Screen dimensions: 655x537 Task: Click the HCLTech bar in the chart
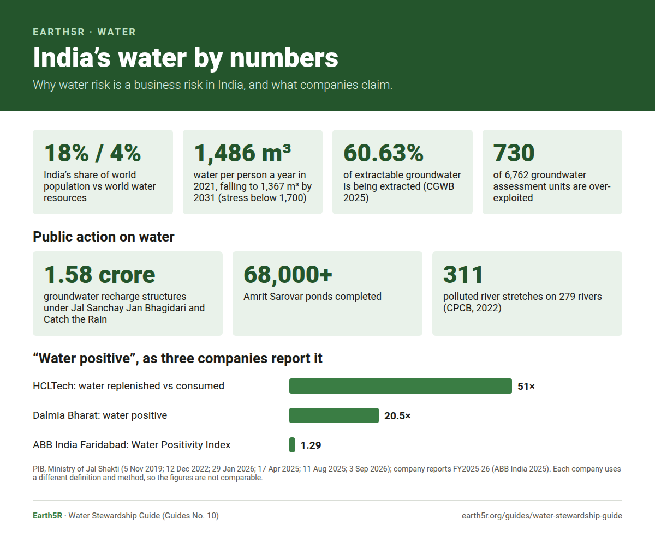point(400,386)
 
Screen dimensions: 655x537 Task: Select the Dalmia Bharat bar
point(334,415)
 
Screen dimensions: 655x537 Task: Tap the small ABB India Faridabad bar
point(292,445)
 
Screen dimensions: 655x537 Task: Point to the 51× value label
point(526,387)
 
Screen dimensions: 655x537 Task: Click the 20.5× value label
point(397,416)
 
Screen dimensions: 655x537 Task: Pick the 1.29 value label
point(311,445)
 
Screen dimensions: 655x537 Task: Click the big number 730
point(514,153)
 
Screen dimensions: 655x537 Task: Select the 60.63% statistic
point(383,153)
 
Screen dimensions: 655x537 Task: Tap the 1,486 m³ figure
point(242,153)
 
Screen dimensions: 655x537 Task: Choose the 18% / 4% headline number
point(92,153)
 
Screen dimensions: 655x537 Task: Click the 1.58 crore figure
point(99,275)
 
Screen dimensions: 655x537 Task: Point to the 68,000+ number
point(288,275)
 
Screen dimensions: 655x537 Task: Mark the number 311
point(463,275)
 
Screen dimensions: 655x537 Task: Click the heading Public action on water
point(104,237)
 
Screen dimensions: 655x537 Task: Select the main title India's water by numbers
point(186,58)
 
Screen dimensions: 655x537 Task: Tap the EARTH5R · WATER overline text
point(84,32)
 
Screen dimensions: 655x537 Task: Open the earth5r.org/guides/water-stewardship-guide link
point(541,516)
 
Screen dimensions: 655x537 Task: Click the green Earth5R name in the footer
point(47,516)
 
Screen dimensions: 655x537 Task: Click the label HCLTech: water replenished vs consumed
point(129,386)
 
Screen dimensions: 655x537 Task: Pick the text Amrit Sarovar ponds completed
point(312,297)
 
